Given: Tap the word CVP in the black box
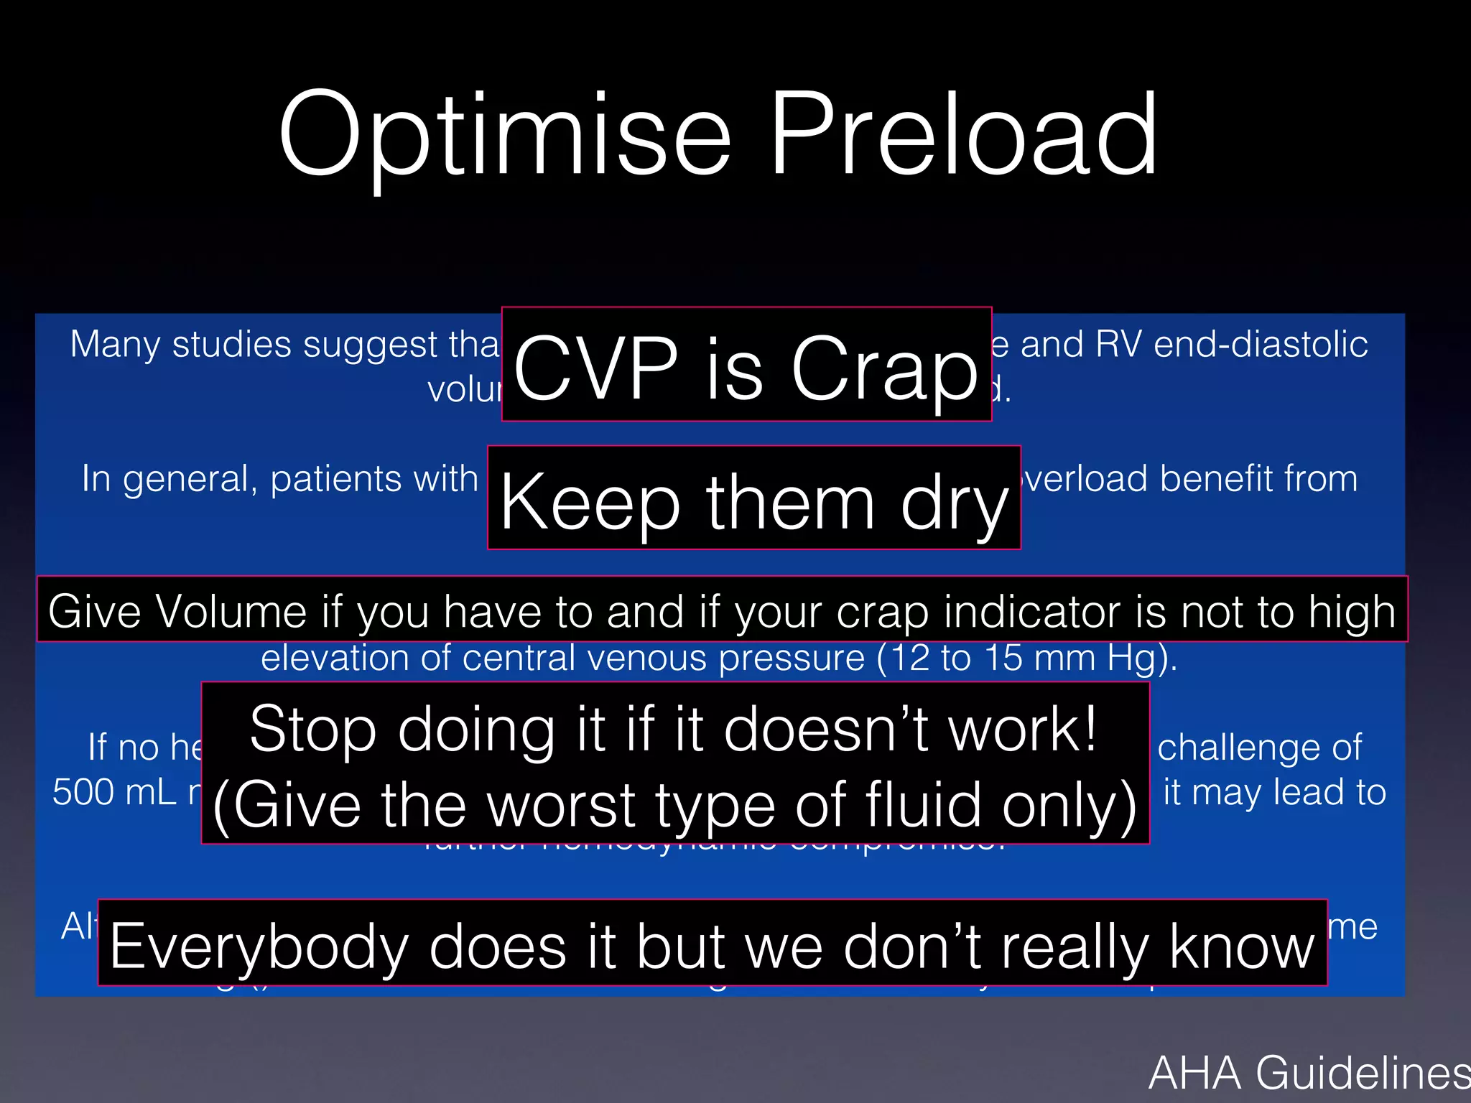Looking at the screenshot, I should click(595, 369).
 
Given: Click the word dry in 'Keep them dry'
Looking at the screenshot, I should click(955, 503).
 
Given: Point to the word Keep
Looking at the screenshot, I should click(590, 503).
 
